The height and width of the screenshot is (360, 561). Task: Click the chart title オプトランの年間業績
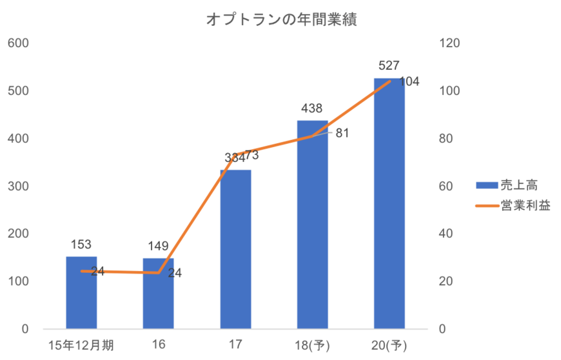coord(281,20)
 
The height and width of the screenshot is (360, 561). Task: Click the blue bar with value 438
coord(312,226)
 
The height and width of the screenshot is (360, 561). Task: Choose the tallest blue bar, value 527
coord(389,206)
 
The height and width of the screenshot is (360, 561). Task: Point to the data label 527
coord(389,65)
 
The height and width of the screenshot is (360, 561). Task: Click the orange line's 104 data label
coord(409,82)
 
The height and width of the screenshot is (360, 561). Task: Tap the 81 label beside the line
coord(342,133)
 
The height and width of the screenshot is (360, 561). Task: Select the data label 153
coord(81,245)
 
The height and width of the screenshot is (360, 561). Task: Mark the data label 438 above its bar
coord(312,108)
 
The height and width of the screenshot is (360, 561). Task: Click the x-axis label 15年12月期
coord(75,345)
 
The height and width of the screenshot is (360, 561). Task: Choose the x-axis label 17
coord(235,345)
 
